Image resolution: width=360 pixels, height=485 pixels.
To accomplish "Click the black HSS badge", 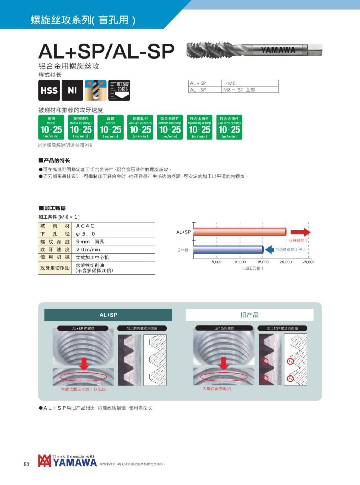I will (49, 90).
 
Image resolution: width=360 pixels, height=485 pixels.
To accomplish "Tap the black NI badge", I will (72, 90).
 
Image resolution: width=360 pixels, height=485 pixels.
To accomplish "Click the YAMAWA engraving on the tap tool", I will (278, 50).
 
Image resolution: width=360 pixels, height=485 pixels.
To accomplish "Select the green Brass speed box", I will (51, 127).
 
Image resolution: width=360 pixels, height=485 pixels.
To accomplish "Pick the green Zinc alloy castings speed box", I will (229, 127).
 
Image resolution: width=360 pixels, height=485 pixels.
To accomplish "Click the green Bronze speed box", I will (111, 127).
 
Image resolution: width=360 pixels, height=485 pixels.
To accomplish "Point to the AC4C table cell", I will (85, 226).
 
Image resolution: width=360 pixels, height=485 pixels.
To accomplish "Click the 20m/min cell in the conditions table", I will (88, 249).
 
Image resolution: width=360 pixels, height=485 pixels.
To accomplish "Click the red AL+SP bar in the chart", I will (240, 232).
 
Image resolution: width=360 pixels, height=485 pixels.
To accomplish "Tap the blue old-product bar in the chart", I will (228, 250).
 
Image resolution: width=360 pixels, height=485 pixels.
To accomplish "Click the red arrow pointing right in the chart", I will (300, 232).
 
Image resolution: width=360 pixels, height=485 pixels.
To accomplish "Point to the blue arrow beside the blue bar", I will (270, 249).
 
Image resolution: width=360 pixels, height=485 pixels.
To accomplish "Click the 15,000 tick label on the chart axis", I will (263, 262).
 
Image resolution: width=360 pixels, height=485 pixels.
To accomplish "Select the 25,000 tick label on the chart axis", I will (308, 262).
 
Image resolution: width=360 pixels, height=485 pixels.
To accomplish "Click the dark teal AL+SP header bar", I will (108, 315).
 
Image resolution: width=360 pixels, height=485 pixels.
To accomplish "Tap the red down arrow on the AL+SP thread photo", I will (84, 363).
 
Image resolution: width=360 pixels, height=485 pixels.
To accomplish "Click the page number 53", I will (27, 464).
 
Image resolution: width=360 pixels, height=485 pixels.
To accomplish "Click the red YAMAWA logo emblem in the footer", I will (44, 461).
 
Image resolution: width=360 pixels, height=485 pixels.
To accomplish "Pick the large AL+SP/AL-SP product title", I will (106, 51).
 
